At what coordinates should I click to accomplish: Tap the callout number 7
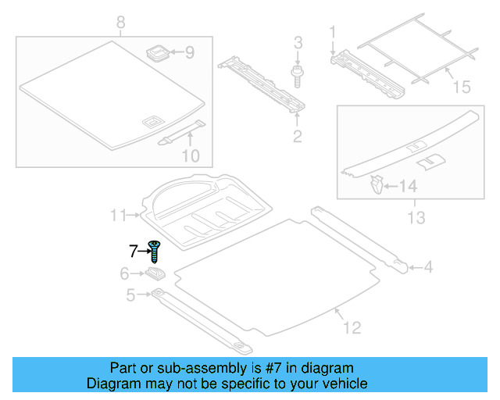134,251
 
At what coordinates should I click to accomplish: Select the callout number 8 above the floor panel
120,22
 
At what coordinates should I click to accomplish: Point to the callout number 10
191,156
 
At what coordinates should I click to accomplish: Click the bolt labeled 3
298,75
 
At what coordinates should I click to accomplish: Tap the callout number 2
297,138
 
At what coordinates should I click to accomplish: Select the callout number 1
332,32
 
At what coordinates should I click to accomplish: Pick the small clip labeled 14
377,186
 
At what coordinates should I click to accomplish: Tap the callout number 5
130,295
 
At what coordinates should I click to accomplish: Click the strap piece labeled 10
181,133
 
